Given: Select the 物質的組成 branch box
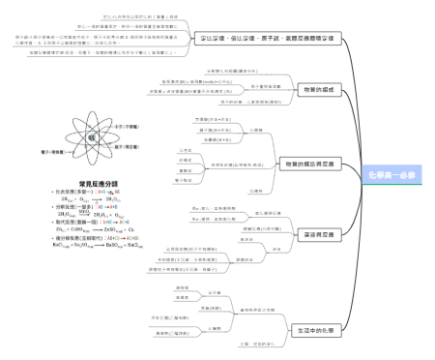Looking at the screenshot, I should click(301, 88).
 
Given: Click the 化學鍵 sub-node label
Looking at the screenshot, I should click(256, 129).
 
